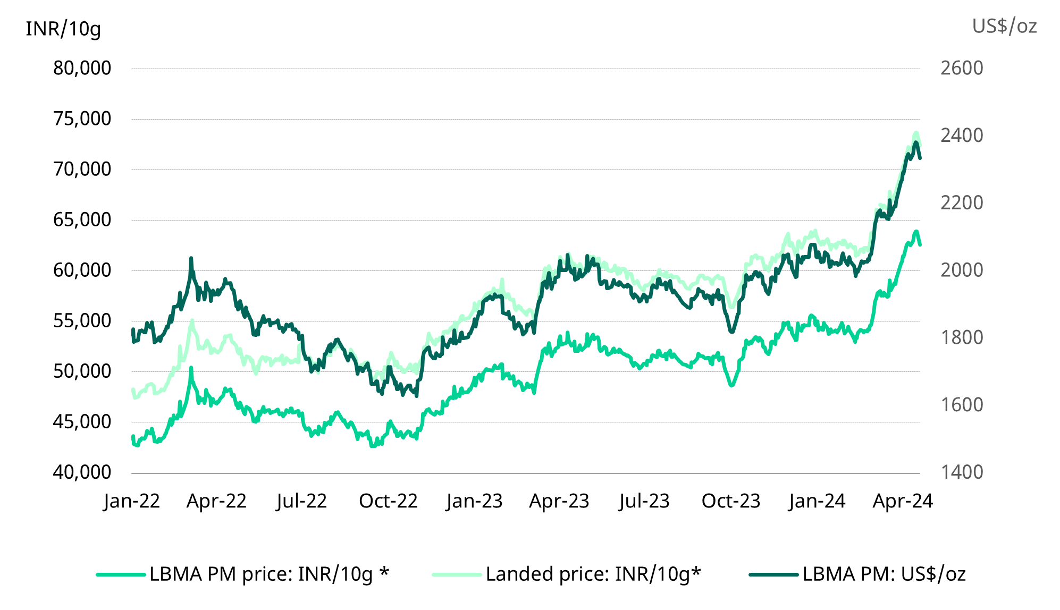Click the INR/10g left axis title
(63, 29)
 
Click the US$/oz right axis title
(1004, 26)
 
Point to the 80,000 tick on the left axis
(82, 68)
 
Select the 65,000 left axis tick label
(82, 219)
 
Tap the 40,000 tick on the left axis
(82, 472)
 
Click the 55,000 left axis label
(82, 320)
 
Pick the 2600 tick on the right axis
(962, 68)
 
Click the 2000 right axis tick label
(962, 270)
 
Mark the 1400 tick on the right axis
(962, 472)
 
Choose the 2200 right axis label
(962, 202)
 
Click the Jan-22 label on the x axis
(132, 501)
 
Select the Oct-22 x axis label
(388, 501)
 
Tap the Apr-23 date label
(559, 501)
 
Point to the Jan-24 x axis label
(817, 501)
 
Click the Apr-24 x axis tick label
(903, 501)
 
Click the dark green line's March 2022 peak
(191, 258)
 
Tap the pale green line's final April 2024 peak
(916, 133)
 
